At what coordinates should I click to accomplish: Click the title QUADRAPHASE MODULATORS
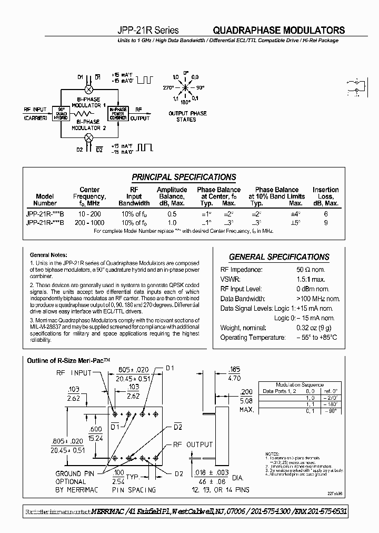click(x=279, y=31)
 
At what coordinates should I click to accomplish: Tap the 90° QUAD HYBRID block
click(x=60, y=114)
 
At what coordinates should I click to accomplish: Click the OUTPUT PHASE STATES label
click(x=187, y=116)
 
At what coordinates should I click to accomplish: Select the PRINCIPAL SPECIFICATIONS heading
click(x=184, y=177)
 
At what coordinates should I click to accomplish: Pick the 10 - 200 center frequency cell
click(x=89, y=214)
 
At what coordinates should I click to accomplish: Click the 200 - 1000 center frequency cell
click(x=89, y=223)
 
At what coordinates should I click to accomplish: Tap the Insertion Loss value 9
click(x=326, y=223)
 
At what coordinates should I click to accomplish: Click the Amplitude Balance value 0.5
click(x=172, y=214)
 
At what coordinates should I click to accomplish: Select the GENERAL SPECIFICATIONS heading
click(x=279, y=257)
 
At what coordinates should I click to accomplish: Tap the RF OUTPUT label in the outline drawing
click(x=193, y=445)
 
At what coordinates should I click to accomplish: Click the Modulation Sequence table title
click(x=301, y=385)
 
